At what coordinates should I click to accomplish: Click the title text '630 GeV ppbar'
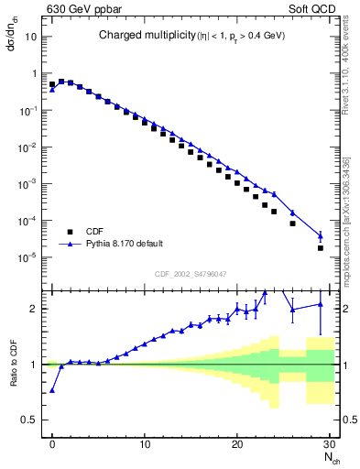pyautogui.click(x=77, y=9)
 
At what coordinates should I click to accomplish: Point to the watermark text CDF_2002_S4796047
pyautogui.click(x=191, y=273)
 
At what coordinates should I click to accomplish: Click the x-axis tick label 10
pyautogui.click(x=145, y=444)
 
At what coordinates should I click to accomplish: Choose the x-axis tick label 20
pyautogui.click(x=238, y=444)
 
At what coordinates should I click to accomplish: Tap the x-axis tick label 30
pyautogui.click(x=330, y=444)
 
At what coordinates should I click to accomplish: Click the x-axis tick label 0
pyautogui.click(x=52, y=444)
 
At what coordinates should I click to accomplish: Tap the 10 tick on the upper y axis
pyautogui.click(x=32, y=38)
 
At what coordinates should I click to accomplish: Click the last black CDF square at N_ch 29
pyautogui.click(x=320, y=248)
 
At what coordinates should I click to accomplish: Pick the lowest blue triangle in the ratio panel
pyautogui.click(x=52, y=390)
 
